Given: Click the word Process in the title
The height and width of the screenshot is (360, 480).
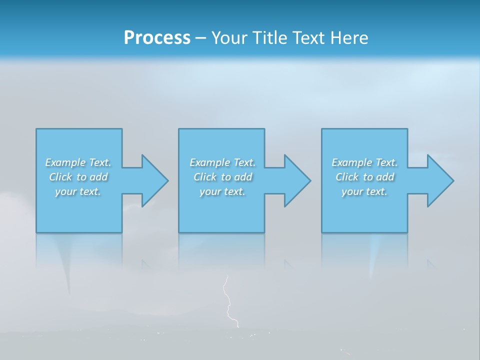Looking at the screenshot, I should [x=157, y=37].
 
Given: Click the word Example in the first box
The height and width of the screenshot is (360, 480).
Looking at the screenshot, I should [x=65, y=162].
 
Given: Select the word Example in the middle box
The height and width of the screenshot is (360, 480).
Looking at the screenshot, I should [x=210, y=162].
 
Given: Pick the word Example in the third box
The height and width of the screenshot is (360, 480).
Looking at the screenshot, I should [x=352, y=162].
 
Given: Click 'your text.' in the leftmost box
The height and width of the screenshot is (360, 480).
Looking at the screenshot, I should [x=78, y=191].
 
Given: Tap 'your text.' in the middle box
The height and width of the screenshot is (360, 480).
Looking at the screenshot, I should [x=222, y=191].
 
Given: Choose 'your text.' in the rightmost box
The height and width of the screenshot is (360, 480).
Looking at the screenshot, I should [x=364, y=191].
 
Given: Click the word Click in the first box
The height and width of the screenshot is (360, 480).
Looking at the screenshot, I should [x=60, y=177].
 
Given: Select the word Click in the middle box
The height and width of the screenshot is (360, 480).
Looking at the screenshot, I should [x=205, y=177].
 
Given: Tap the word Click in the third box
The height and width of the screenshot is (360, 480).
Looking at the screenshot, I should [x=347, y=177].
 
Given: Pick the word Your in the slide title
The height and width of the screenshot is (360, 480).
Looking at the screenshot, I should [x=228, y=37].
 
